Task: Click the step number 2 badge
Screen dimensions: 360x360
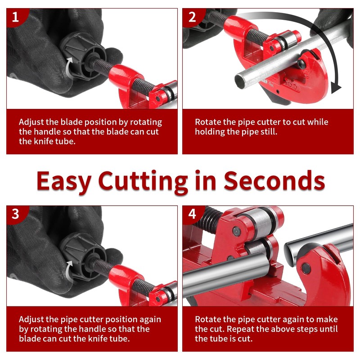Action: click(193, 17)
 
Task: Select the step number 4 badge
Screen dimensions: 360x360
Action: click(193, 214)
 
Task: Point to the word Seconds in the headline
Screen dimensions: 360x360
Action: click(274, 181)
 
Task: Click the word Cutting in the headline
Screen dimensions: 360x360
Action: click(143, 181)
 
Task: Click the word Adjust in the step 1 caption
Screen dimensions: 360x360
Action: click(31, 122)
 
